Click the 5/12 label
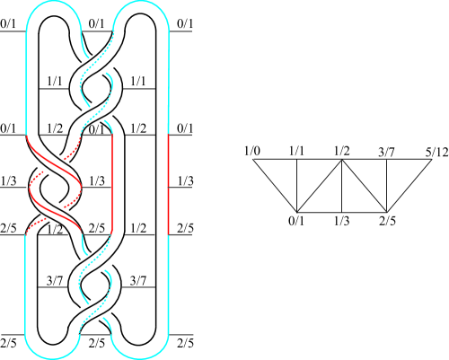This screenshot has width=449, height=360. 436,153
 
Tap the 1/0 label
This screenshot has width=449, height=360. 252,151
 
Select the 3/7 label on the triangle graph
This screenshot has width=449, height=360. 386,153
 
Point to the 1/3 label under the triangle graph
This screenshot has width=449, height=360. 342,221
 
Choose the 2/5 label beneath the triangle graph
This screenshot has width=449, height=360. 387,221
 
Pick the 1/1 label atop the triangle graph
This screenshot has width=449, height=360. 296,151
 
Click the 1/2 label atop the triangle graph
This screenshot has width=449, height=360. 342,151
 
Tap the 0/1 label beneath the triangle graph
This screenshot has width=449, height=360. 296,221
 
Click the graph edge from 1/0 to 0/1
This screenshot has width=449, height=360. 275,186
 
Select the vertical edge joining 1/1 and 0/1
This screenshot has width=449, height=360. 296,186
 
